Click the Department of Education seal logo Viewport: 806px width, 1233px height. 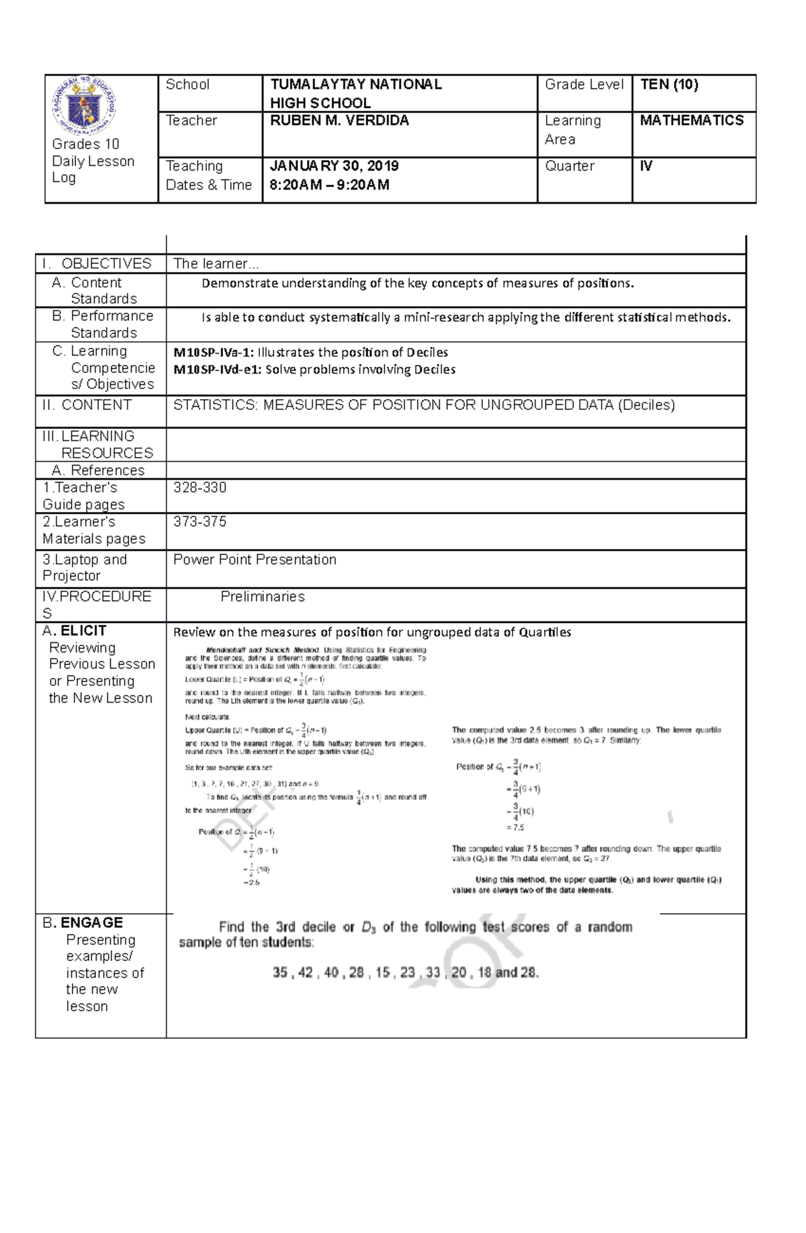point(84,105)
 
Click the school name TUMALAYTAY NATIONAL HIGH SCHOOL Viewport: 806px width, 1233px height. point(355,93)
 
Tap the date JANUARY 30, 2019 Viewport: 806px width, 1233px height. point(334,166)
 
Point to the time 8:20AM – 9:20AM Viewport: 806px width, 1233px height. point(329,185)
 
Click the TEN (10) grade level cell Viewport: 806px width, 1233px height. point(669,85)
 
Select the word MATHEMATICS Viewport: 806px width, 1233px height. point(691,121)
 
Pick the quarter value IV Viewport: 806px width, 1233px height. point(646,166)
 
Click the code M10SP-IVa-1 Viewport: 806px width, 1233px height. point(213,353)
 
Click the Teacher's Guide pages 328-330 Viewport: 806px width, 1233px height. point(199,488)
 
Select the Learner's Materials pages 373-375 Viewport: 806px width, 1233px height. point(199,522)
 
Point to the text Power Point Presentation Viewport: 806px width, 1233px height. point(255,560)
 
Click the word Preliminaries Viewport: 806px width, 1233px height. point(262,597)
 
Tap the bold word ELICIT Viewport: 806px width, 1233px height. point(83,631)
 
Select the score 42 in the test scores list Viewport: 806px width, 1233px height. point(305,972)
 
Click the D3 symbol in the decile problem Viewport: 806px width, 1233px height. point(368,928)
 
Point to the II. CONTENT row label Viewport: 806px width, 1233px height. point(87,405)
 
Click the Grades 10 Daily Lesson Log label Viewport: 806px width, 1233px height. point(93,161)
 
